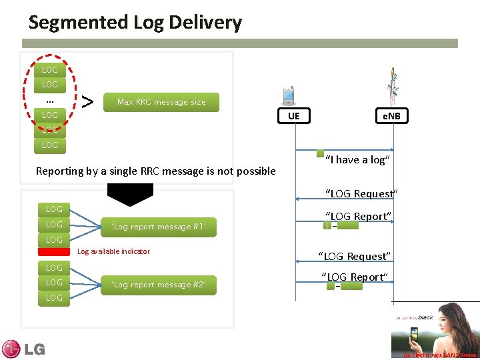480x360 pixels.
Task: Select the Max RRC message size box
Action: point(161,102)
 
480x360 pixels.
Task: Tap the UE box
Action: point(294,116)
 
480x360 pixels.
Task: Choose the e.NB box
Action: point(390,116)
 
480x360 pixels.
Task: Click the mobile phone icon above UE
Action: point(289,96)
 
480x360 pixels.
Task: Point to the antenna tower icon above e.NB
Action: point(393,85)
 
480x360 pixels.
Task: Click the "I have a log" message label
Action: point(358,159)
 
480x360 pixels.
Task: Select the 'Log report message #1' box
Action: point(159,227)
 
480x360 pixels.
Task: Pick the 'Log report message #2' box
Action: point(159,285)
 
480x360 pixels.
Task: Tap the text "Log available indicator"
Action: point(113,251)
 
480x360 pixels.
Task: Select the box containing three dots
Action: point(49,100)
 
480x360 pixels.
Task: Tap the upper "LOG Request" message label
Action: point(361,193)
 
